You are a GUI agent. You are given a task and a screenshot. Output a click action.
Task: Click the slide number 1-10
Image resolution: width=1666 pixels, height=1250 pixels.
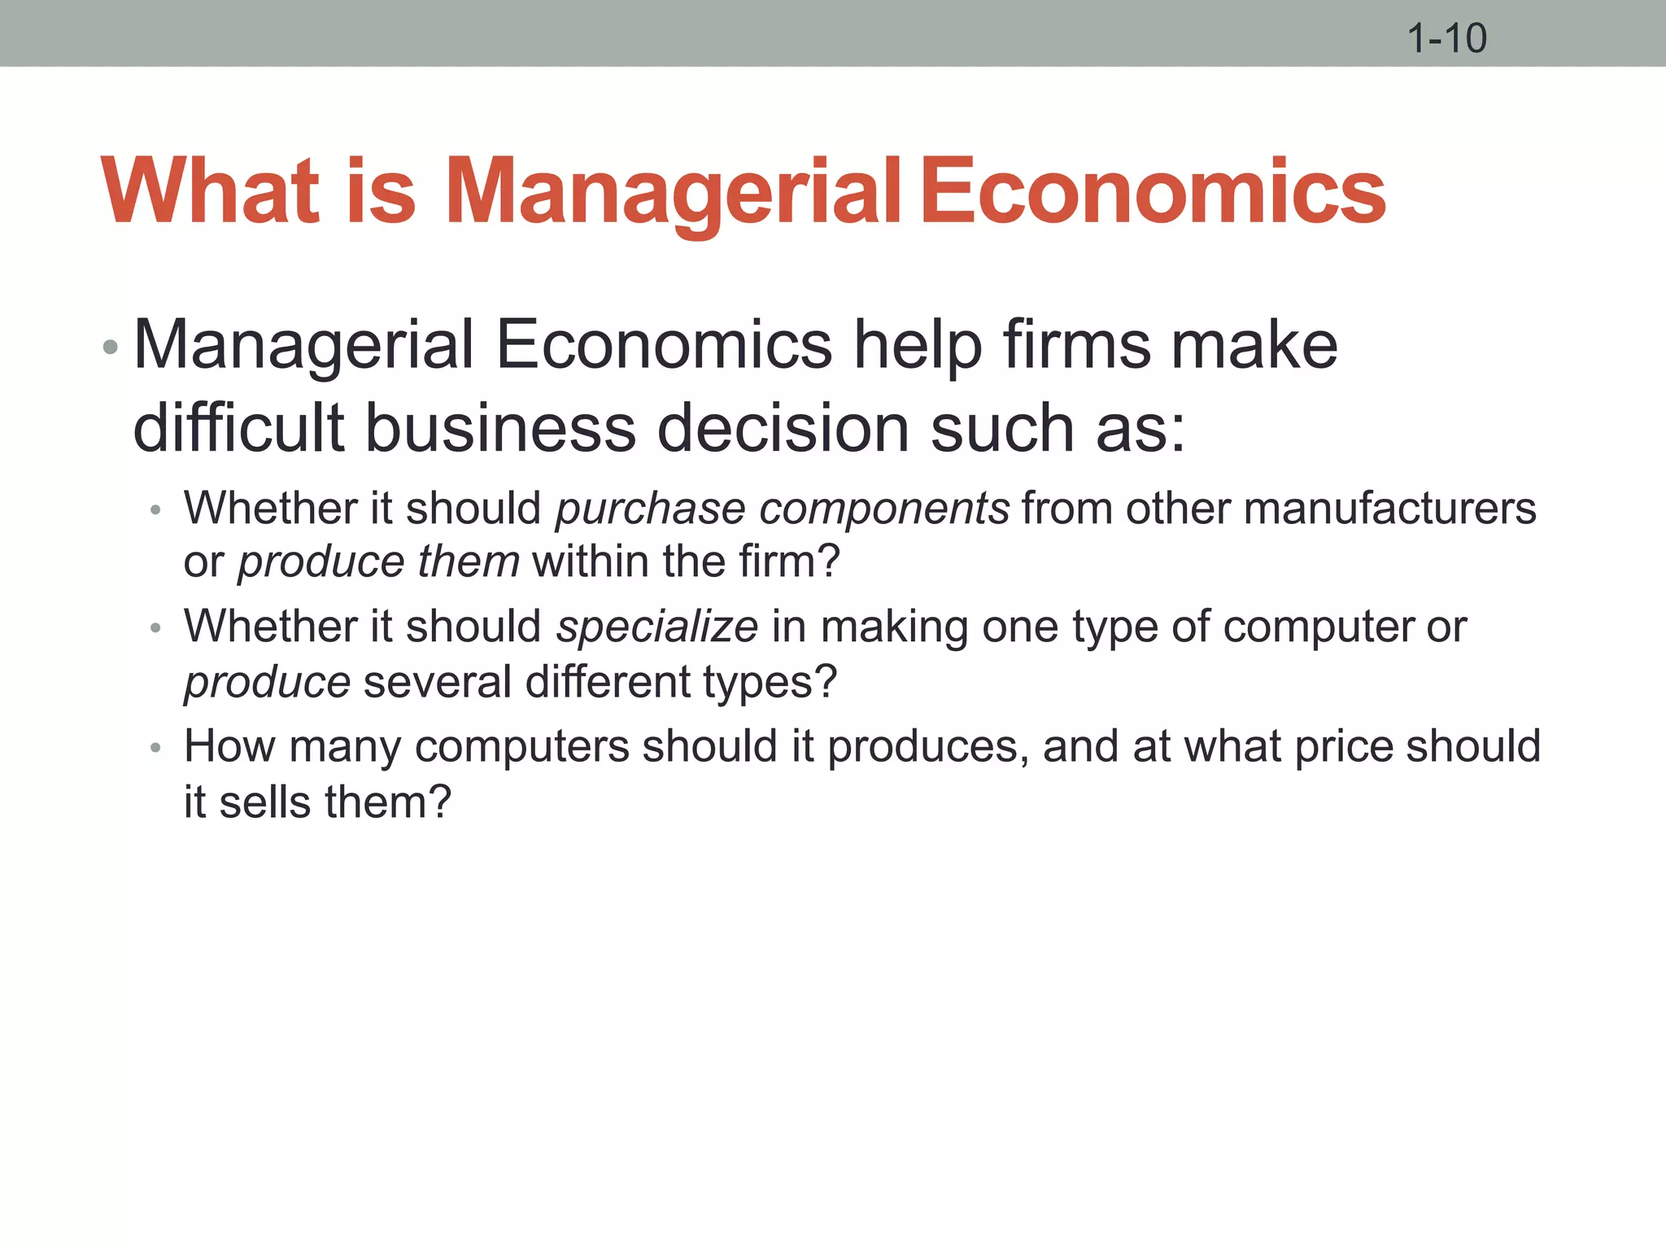coord(1446,38)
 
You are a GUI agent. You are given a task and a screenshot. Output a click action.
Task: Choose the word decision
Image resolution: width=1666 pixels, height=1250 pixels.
coord(783,428)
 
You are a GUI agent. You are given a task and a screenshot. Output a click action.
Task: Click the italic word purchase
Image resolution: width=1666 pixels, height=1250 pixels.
coord(650,510)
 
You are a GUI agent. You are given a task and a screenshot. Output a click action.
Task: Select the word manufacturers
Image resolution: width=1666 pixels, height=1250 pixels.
coord(1389,509)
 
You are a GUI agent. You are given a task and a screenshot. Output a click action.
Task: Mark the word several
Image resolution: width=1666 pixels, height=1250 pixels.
coord(436,681)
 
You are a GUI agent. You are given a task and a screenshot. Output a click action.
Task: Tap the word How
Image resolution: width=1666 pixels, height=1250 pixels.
coord(230,746)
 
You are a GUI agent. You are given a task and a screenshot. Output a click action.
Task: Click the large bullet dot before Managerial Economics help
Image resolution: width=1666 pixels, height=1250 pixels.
coord(111,349)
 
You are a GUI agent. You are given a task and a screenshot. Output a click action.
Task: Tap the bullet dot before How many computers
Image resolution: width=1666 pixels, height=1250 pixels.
coord(156,748)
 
